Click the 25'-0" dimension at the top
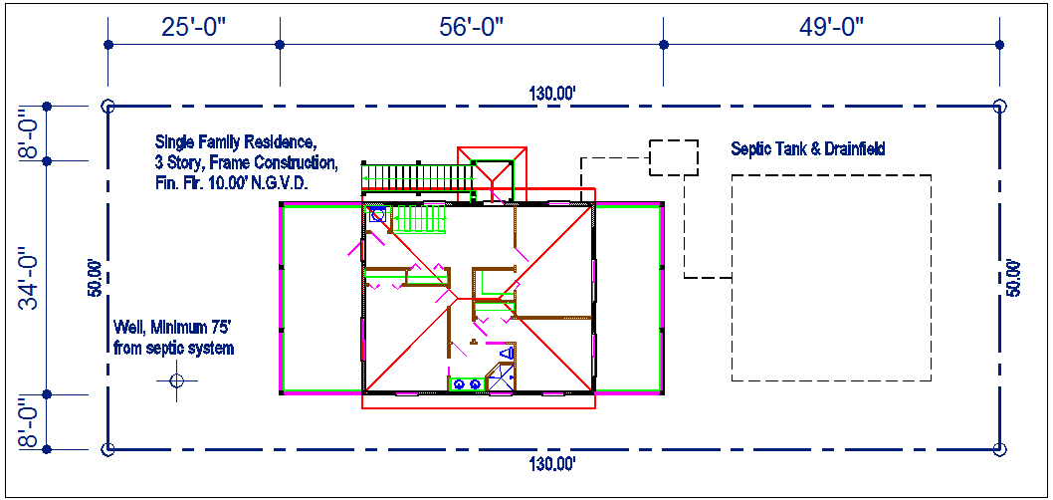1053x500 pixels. pyautogui.click(x=194, y=27)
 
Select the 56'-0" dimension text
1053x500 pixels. pyautogui.click(x=472, y=27)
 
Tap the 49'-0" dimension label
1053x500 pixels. pyautogui.click(x=831, y=27)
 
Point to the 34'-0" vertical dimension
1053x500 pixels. pyautogui.click(x=28, y=277)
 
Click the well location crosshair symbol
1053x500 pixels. pyautogui.click(x=176, y=381)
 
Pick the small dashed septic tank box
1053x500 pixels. pyautogui.click(x=674, y=158)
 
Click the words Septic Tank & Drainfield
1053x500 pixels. pyautogui.click(x=808, y=148)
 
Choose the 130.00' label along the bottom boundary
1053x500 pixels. pyautogui.click(x=553, y=464)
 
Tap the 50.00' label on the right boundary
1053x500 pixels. pyautogui.click(x=1014, y=278)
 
